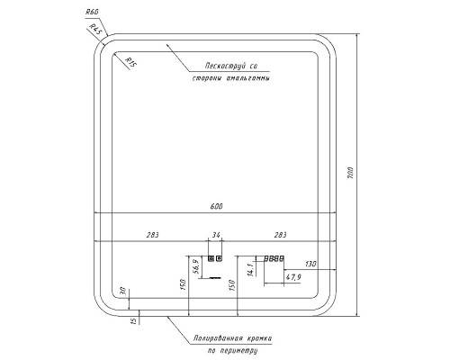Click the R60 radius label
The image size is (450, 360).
pyautogui.click(x=93, y=13)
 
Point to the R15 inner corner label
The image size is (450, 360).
pyautogui.click(x=130, y=63)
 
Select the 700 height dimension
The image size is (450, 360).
pyautogui.click(x=350, y=173)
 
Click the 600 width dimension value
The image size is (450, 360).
pyautogui.click(x=216, y=207)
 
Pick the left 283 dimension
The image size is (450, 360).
pyautogui.click(x=152, y=235)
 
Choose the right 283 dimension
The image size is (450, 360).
pyautogui.click(x=280, y=235)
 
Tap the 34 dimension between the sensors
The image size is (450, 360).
pyautogui.click(x=216, y=235)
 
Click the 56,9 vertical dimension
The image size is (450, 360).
pyautogui.click(x=196, y=266)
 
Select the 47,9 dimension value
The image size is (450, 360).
pyautogui.click(x=293, y=277)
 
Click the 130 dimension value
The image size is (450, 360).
pyautogui.click(x=310, y=264)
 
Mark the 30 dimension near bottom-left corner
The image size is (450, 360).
pyautogui.click(x=122, y=292)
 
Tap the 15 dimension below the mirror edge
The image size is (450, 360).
pyautogui.click(x=134, y=320)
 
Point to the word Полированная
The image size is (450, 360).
pyautogui.click(x=218, y=338)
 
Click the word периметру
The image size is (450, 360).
pyautogui.click(x=238, y=351)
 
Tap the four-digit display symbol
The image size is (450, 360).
pyautogui.click(x=274, y=258)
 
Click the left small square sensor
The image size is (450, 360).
pyautogui.click(x=211, y=258)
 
